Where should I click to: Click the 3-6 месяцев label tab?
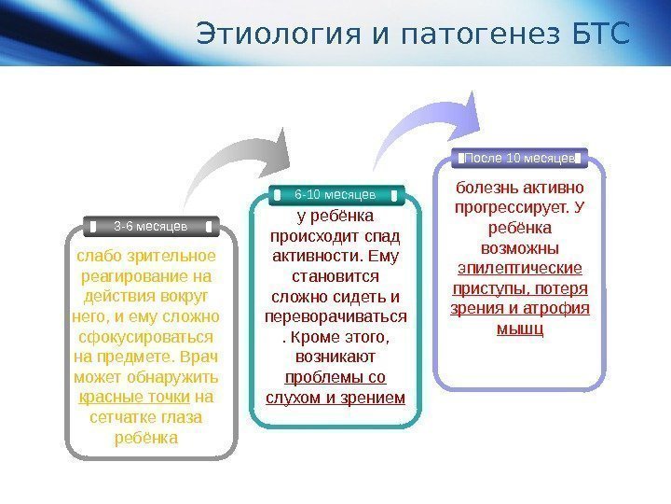point(151,226)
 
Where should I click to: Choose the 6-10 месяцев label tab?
point(335,194)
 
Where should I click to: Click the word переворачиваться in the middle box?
point(335,316)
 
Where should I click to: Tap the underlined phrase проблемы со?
point(335,378)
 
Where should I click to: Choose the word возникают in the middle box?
point(335,357)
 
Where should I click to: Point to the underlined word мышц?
point(519,329)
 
